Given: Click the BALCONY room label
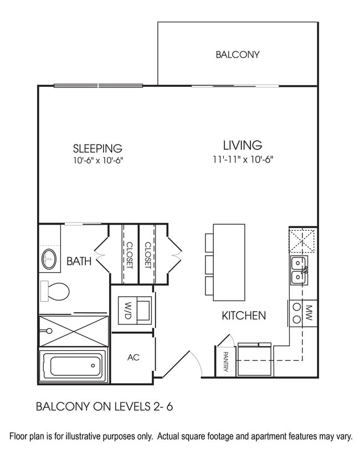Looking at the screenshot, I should [238, 55].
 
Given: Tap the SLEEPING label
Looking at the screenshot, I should [97, 148].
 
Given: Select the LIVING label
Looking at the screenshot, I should [242, 146].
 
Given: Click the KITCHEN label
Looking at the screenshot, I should [244, 316].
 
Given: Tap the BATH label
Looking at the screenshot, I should [79, 261].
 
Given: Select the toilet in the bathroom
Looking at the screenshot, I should [54, 291].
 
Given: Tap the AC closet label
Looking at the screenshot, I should [133, 358].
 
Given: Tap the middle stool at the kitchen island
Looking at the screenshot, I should [209, 263].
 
